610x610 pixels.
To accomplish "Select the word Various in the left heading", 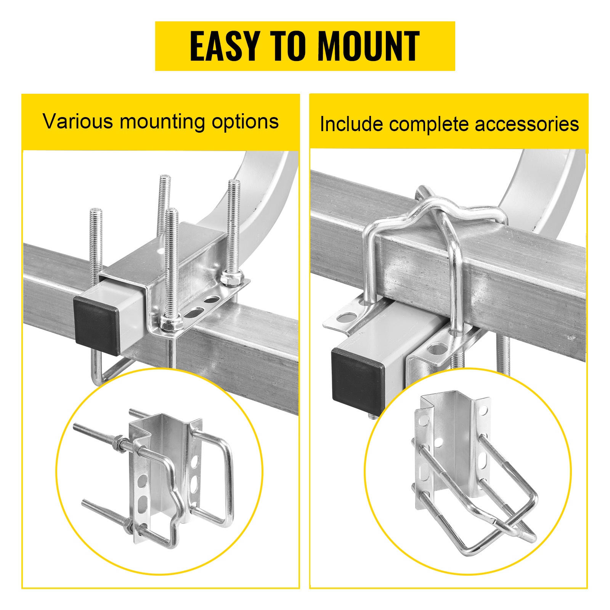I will point(78,122).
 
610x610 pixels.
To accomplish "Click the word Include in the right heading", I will point(351,124).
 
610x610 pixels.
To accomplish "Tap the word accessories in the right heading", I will point(527,124).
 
